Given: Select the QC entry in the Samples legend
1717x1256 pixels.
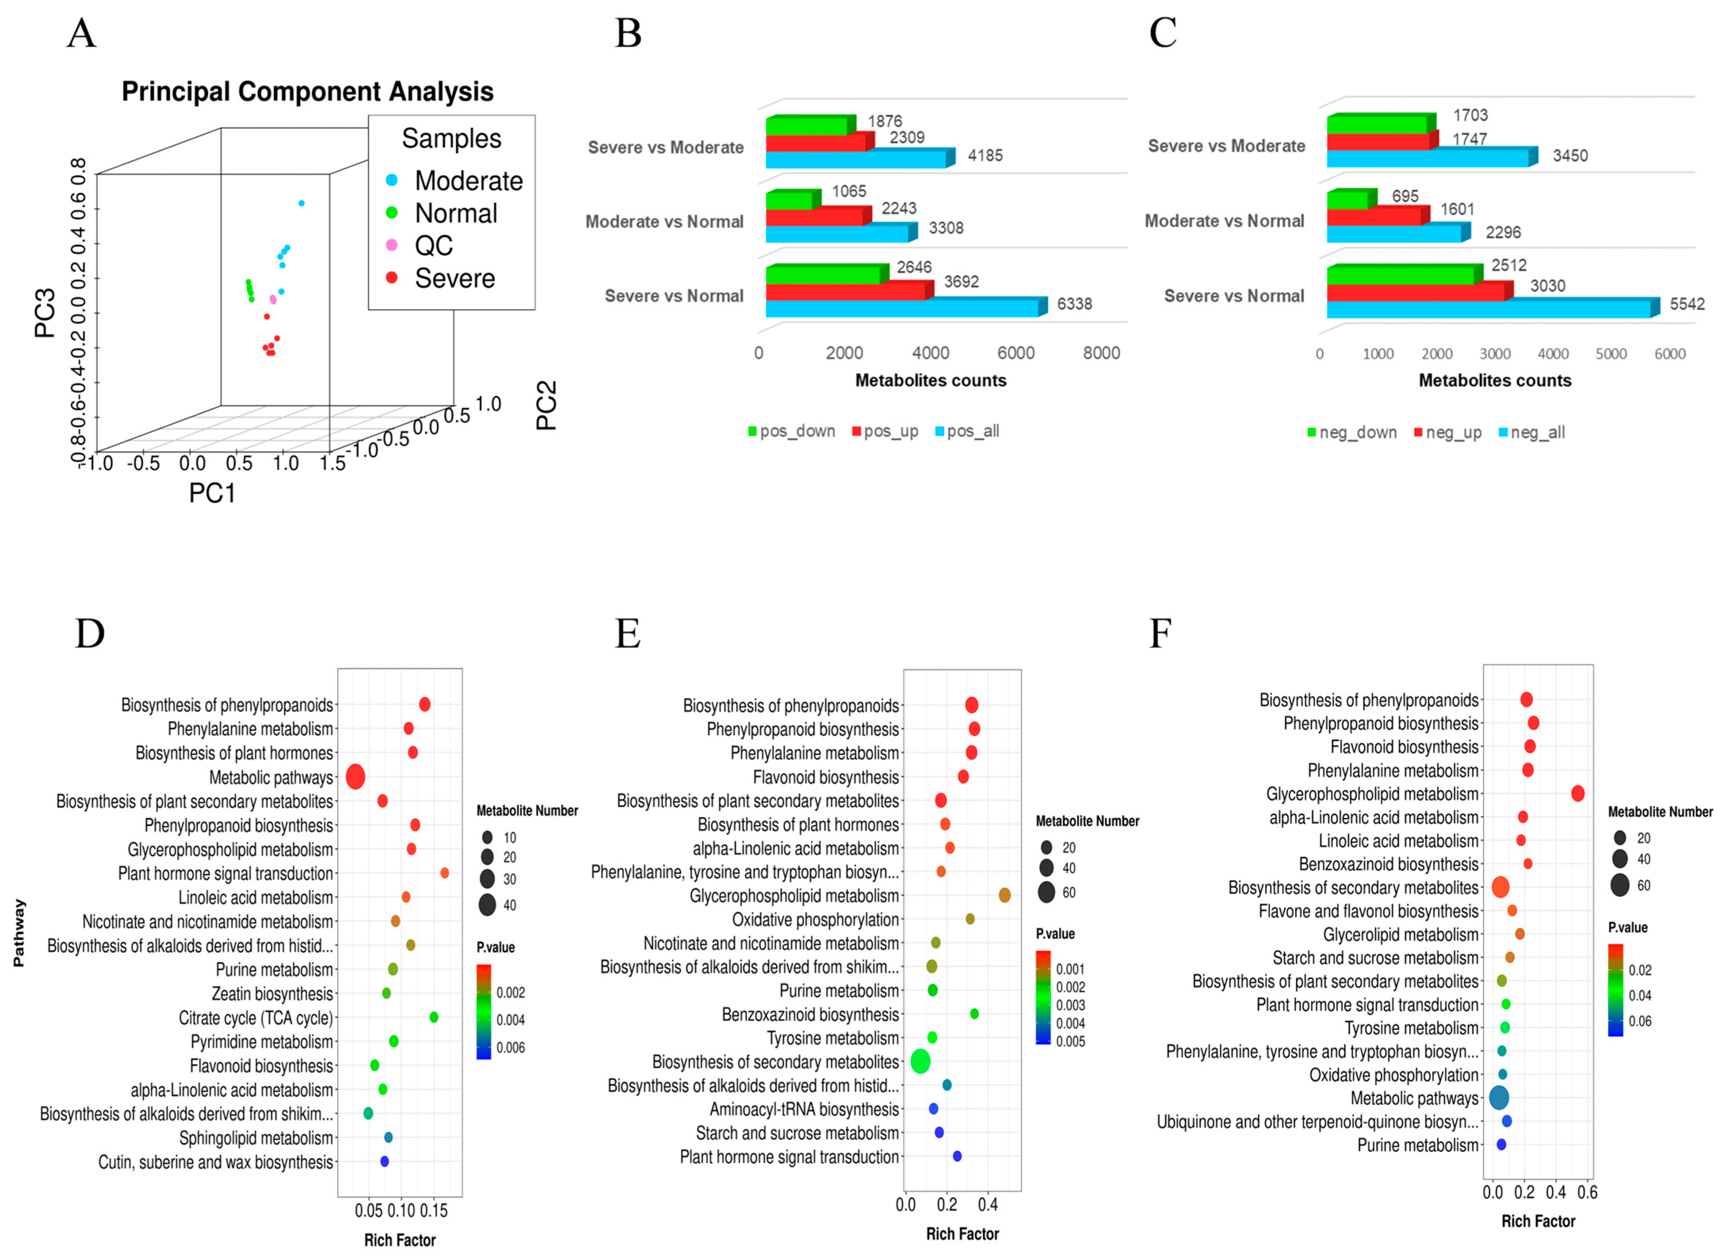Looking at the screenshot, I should click(433, 246).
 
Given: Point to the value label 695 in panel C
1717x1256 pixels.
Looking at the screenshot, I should click(1404, 196).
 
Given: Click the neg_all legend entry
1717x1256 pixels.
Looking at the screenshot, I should click(1537, 433).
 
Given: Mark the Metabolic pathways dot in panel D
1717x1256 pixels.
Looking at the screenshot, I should click(355, 777).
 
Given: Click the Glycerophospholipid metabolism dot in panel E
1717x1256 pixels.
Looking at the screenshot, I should click(1004, 896).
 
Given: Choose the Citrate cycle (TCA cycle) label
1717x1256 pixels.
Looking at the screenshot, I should click(255, 1018).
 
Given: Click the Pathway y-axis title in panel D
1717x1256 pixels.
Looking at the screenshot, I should click(19, 933).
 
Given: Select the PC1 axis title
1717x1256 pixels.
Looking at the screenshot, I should click(212, 494).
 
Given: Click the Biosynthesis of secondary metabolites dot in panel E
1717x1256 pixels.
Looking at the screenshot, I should click(920, 1062).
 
